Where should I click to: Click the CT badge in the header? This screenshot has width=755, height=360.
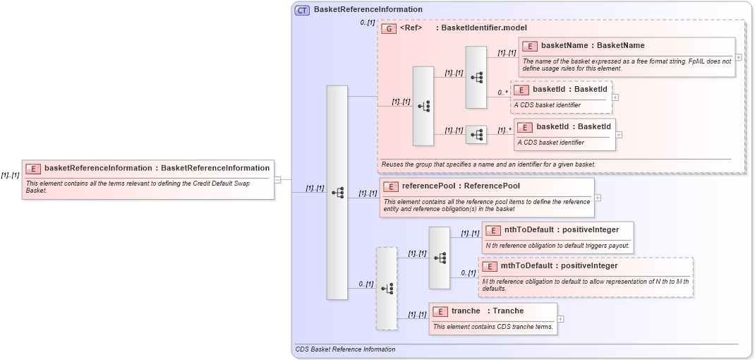click(302, 10)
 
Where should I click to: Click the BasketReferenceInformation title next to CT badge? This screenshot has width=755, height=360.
click(368, 10)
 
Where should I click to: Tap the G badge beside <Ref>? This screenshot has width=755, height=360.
click(388, 28)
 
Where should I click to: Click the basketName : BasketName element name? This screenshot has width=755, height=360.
click(592, 46)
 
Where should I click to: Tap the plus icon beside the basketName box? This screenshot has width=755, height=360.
click(738, 56)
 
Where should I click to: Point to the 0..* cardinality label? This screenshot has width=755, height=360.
click(502, 92)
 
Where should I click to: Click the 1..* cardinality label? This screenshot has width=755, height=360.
click(505, 130)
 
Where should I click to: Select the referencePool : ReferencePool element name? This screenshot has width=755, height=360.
click(460, 186)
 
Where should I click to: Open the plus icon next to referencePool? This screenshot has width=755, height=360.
click(598, 198)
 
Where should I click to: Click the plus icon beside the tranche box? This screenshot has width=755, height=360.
click(561, 319)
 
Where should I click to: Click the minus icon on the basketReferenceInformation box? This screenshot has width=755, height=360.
click(277, 179)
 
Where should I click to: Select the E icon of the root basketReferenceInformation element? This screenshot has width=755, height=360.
click(32, 169)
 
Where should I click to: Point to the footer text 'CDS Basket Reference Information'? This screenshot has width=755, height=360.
click(345, 349)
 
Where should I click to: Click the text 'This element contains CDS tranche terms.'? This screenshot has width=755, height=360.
click(493, 327)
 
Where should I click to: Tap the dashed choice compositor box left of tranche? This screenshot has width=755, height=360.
click(387, 288)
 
